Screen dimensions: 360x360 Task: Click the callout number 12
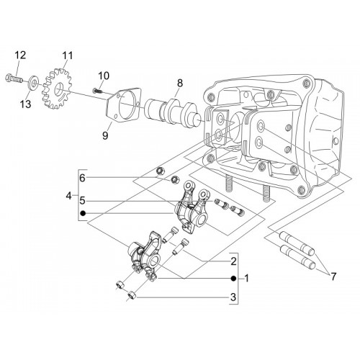point(20,55)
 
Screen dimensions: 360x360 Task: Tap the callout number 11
point(68,55)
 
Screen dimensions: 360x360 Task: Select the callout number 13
point(26,104)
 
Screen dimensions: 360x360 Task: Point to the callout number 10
point(104,76)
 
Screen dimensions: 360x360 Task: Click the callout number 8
point(180,83)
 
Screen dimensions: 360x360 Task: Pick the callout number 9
point(105,135)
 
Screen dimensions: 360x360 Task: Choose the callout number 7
point(333,276)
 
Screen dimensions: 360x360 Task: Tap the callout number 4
point(69,196)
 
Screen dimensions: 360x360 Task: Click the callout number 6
point(82,178)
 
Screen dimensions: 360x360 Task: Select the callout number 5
point(82,200)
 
